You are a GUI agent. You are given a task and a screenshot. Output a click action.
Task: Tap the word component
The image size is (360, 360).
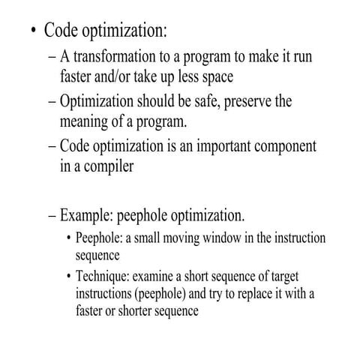click(x=265, y=146)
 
